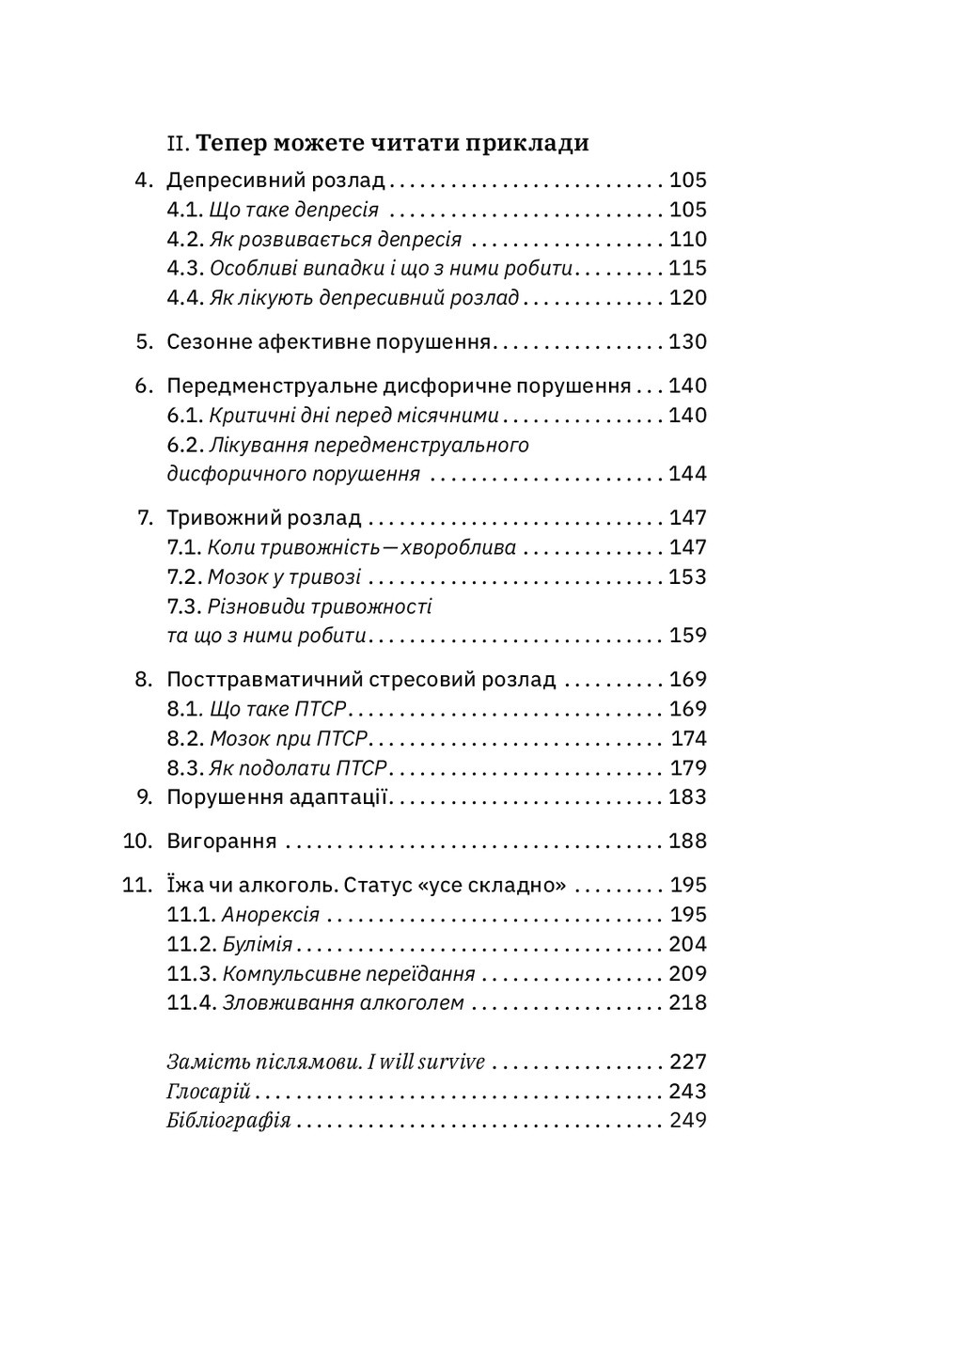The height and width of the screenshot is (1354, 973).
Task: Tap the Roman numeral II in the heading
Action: (x=179, y=144)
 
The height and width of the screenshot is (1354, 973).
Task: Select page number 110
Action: (x=687, y=239)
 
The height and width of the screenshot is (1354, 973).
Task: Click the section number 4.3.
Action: (x=185, y=268)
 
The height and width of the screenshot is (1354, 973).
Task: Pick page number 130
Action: (x=687, y=341)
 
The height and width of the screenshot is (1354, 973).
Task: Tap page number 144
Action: (x=687, y=474)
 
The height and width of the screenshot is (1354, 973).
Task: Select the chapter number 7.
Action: (x=145, y=517)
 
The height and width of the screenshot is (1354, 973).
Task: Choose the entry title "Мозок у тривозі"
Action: (x=283, y=576)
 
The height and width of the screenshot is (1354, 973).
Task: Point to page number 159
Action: (x=687, y=636)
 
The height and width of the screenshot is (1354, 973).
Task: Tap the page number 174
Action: (x=689, y=738)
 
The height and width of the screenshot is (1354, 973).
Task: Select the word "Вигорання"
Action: (x=222, y=841)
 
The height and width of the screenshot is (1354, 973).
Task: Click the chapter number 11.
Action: (x=137, y=885)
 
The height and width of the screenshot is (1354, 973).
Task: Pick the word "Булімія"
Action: (x=258, y=944)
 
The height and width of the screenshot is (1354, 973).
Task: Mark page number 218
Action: (x=687, y=1002)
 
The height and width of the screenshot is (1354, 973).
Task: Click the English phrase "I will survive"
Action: (x=426, y=1062)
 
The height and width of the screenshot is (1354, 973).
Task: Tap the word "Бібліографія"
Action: (x=228, y=1121)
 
